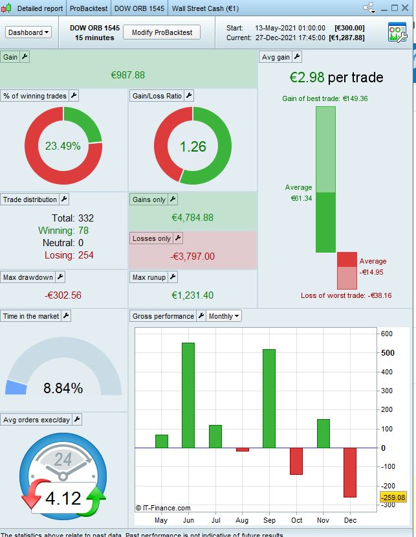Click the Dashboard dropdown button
point(28,32)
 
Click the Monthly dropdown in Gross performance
point(224,316)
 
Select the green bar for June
point(188,395)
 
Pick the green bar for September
point(269,398)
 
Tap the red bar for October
point(296,461)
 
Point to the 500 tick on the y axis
point(387,353)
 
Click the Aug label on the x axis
point(243,520)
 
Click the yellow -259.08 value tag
point(393,497)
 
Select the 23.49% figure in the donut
point(63,146)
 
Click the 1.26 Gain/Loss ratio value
point(193,146)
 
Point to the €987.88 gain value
point(128,75)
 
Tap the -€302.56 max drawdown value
point(63,295)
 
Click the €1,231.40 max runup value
point(192,295)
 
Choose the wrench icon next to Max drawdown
point(60,277)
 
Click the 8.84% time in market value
point(63,389)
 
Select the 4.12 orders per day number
point(63,498)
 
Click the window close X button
point(408,8)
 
